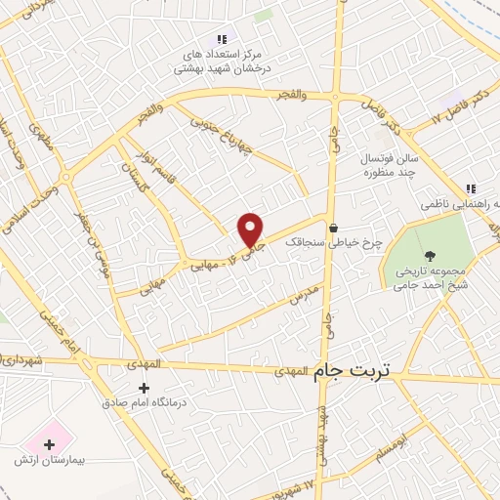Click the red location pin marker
point(251,229)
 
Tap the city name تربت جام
point(354,371)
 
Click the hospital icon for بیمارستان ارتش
point(49,444)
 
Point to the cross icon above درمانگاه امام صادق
point(145,388)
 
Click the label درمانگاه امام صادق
point(145,401)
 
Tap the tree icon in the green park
point(431,256)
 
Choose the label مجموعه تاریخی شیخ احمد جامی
point(431,278)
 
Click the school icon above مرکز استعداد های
point(223,39)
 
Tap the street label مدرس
point(305,296)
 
